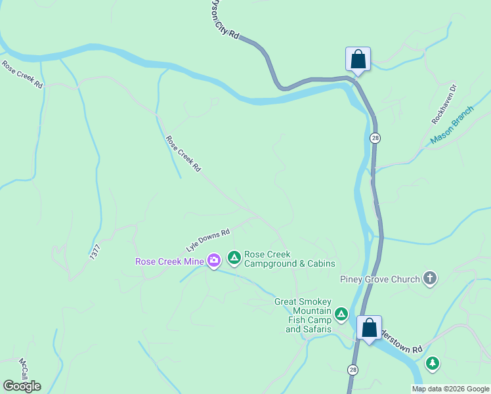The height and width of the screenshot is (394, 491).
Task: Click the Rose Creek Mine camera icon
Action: pyautogui.click(x=214, y=261)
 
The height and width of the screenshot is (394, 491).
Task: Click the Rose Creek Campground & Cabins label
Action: pyautogui.click(x=289, y=259)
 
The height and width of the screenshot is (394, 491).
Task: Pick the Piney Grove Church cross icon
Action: pyautogui.click(x=430, y=279)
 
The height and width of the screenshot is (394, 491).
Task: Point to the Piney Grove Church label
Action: pyautogui.click(x=379, y=279)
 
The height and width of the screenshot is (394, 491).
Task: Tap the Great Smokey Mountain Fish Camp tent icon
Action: pyautogui.click(x=341, y=314)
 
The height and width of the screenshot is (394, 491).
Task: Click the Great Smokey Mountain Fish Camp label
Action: pyautogui.click(x=304, y=315)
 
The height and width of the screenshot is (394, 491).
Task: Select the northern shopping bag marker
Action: pyautogui.click(x=358, y=59)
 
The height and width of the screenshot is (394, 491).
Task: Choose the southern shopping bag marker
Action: pyautogui.click(x=369, y=327)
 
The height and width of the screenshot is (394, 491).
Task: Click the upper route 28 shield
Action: pyautogui.click(x=374, y=138)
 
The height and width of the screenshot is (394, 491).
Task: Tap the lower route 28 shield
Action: pyautogui.click(x=353, y=370)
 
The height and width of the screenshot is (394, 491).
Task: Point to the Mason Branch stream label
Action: pyautogui.click(x=452, y=125)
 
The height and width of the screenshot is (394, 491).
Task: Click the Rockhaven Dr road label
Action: pyautogui.click(x=444, y=104)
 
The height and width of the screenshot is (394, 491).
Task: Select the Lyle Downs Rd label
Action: pyautogui.click(x=207, y=240)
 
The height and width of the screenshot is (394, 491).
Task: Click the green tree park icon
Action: pyautogui.click(x=432, y=362)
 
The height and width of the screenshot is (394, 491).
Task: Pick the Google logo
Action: pyautogui.click(x=22, y=386)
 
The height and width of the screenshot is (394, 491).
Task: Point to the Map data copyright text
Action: pyautogui.click(x=450, y=389)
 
